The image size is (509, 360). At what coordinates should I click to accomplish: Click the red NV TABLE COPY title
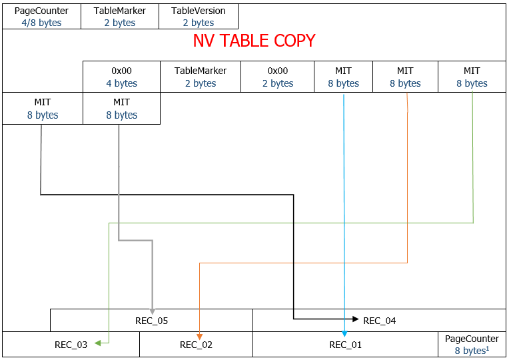pyautogui.click(x=254, y=41)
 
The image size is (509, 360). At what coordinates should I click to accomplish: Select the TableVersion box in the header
pyautogui.click(x=199, y=17)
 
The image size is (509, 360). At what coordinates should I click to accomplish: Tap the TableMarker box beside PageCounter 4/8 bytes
pyautogui.click(x=120, y=17)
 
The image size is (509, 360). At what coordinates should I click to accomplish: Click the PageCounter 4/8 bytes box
pyautogui.click(x=41, y=17)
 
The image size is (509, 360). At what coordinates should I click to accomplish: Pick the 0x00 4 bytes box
pyautogui.click(x=121, y=77)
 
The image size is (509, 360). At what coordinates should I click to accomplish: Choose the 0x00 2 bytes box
pyautogui.click(x=277, y=77)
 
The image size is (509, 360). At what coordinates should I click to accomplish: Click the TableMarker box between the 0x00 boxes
pyautogui.click(x=200, y=77)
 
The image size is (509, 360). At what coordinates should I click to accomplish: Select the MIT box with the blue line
pyautogui.click(x=343, y=77)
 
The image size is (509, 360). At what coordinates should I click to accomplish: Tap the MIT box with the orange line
pyautogui.click(x=405, y=77)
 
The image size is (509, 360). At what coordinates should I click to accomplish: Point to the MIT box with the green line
pyautogui.click(x=472, y=77)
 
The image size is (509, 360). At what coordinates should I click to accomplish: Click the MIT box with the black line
pyautogui.click(x=43, y=109)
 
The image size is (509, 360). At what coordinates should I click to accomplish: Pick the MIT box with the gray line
pyautogui.click(x=121, y=109)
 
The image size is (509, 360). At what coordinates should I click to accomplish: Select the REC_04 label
pyautogui.click(x=379, y=321)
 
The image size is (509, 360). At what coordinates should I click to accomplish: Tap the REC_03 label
pyautogui.click(x=71, y=345)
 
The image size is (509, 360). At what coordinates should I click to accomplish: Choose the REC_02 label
pyautogui.click(x=196, y=345)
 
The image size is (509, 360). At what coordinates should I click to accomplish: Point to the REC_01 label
pyautogui.click(x=345, y=345)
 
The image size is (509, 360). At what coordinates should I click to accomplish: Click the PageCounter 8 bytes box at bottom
pyautogui.click(x=472, y=345)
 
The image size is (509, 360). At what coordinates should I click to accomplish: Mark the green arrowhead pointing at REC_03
pyautogui.click(x=97, y=343)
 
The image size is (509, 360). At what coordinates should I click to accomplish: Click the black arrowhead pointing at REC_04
pyautogui.click(x=355, y=319)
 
